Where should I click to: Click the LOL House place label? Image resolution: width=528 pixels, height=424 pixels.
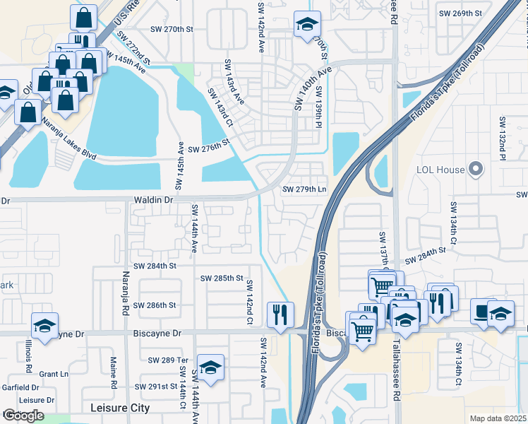tap(440, 170)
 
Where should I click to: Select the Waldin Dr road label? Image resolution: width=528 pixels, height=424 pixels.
tap(153, 201)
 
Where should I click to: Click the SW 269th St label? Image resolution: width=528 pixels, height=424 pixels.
tap(460, 13)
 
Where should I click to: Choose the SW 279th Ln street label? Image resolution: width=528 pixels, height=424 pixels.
tap(304, 189)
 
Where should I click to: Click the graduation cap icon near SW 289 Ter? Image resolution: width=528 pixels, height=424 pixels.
tap(210, 367)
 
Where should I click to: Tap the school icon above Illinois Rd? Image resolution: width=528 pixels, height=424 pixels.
tap(44, 326)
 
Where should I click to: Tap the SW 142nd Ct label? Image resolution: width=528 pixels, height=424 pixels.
tap(249, 302)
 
